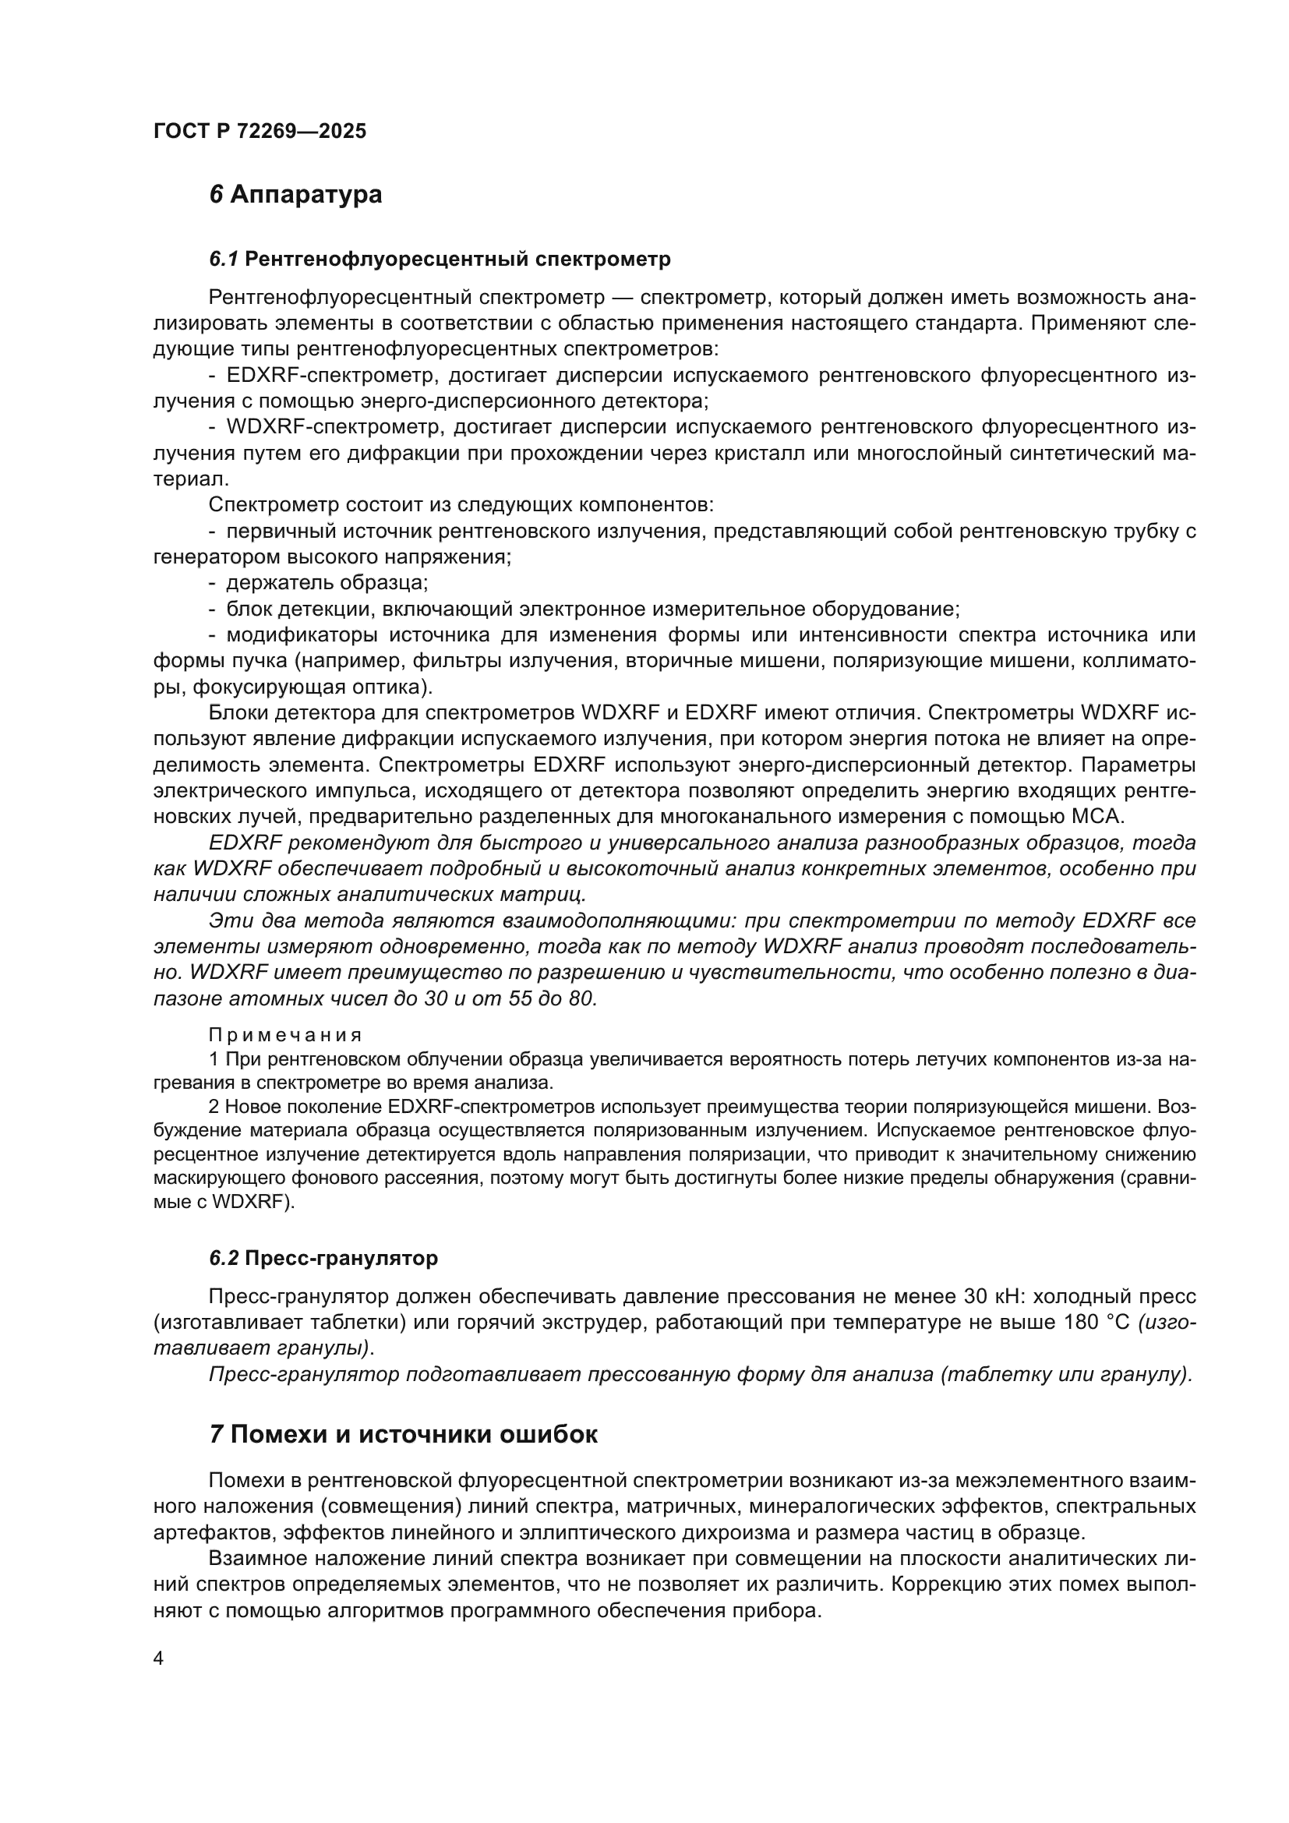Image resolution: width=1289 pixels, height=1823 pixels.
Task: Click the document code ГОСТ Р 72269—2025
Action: [x=260, y=132]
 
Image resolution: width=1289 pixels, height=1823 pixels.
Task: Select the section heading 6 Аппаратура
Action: [x=295, y=195]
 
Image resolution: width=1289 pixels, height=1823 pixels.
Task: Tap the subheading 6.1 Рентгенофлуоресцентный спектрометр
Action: [x=440, y=259]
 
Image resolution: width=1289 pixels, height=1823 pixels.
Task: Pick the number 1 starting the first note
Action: [x=214, y=1059]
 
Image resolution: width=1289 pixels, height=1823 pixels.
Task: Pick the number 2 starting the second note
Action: [x=214, y=1107]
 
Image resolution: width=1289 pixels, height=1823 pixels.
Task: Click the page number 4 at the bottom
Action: [x=159, y=1659]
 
